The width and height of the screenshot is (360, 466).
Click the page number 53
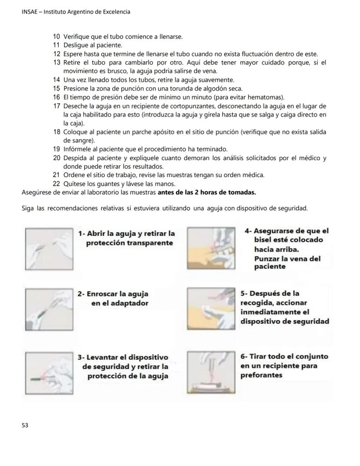pos(25,425)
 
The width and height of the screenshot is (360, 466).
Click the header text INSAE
pos(30,12)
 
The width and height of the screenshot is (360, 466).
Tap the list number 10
pos(57,37)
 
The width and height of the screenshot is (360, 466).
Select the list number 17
pos(57,106)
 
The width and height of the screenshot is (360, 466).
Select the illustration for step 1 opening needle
pos(49,249)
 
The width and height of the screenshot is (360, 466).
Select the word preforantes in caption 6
pos(261,375)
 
